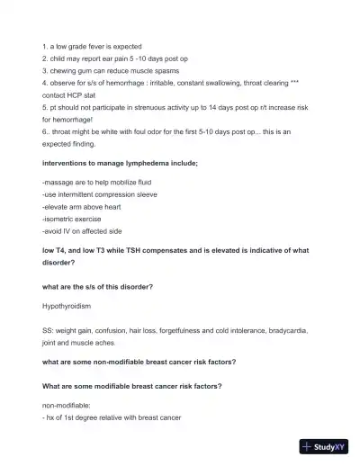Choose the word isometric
click(60, 218)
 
